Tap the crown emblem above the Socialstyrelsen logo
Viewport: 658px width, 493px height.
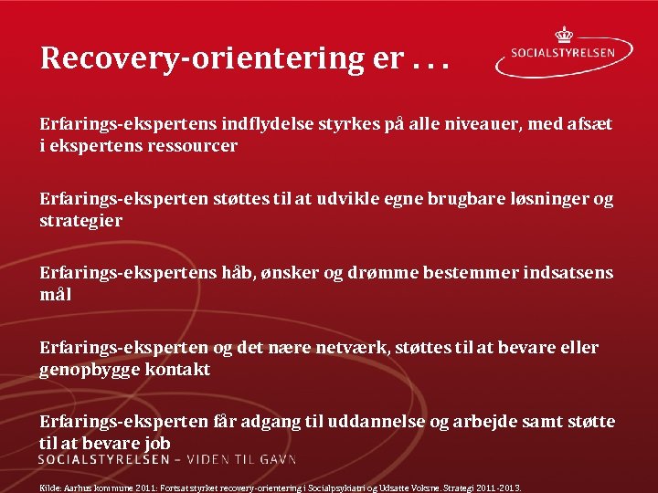point(564,35)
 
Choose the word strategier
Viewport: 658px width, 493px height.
point(81,220)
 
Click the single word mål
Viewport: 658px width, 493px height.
point(55,295)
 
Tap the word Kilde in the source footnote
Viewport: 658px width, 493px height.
point(49,488)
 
